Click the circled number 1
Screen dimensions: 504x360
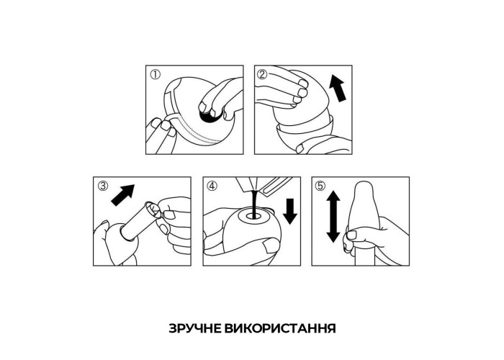pyautogui.click(x=155, y=75)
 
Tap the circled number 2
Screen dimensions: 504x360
pyautogui.click(x=262, y=75)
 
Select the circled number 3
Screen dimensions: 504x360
pyautogui.click(x=103, y=186)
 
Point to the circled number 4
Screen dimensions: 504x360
pyautogui.click(x=212, y=186)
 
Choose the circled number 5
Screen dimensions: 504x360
pyautogui.click(x=320, y=186)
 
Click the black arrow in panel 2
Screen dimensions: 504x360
pyautogui.click(x=338, y=88)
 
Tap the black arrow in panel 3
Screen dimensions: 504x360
pyautogui.click(x=123, y=195)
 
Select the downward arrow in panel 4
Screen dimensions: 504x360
pyautogui.click(x=291, y=211)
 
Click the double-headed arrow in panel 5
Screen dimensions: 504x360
pyautogui.click(x=333, y=216)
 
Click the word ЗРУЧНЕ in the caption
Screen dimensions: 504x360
pyautogui.click(x=195, y=328)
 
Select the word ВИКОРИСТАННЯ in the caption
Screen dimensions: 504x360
pyautogui.click(x=280, y=328)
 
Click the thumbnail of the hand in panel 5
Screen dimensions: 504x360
pyautogui.click(x=351, y=235)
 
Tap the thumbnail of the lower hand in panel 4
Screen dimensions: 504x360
pyautogui.click(x=271, y=247)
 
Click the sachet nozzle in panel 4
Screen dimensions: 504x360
pyautogui.click(x=251, y=184)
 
